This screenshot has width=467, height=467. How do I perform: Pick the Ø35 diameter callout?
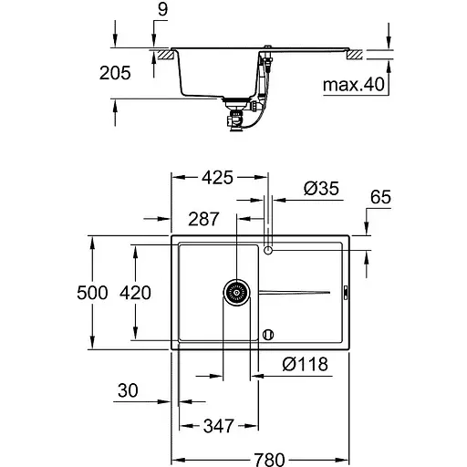coord(321,188)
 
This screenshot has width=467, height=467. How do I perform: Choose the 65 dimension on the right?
coord(381,197)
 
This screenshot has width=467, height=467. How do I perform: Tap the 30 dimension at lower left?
coord(128,391)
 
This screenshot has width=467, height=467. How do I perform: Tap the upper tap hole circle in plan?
coord(268,249)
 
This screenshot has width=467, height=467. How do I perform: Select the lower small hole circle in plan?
coord(268,334)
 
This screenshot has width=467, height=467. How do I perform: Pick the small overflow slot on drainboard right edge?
coord(345,292)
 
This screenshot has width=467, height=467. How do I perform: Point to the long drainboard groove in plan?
coord(294,292)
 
